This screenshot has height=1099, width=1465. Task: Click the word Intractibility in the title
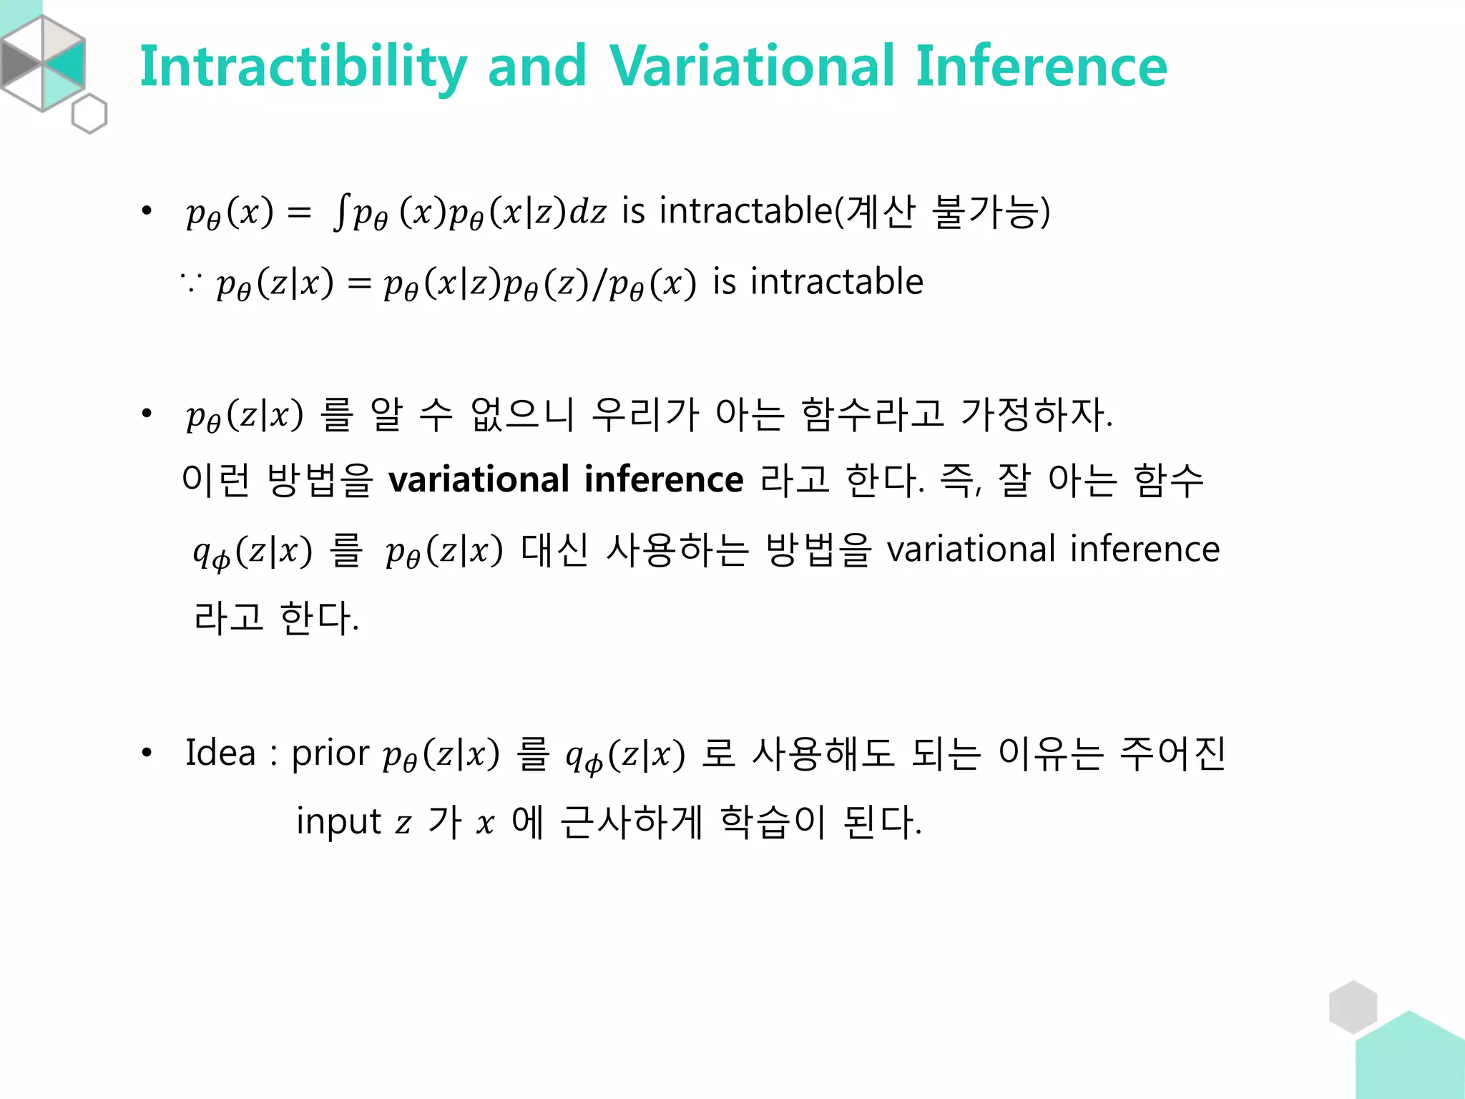pos(303,67)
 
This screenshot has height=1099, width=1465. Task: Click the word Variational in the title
pos(751,66)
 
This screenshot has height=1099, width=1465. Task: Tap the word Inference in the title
pos(1041,66)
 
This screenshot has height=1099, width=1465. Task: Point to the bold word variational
pos(479,479)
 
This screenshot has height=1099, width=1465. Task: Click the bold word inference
pos(663,479)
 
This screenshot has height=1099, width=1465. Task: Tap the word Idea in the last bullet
pos(220,753)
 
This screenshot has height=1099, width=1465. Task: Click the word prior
pos(330,754)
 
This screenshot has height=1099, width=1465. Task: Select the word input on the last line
pos(338,822)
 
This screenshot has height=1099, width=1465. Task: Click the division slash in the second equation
pos(599,284)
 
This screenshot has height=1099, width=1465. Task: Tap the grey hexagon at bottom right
pos(1353,1007)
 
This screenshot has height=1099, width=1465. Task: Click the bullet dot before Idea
pos(147,753)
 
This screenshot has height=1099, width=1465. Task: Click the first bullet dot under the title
pos(147,211)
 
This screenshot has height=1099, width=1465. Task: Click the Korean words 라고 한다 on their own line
pos(276,618)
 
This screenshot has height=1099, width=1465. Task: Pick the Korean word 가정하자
pos(1036,414)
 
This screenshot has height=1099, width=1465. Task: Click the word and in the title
pos(536,66)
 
